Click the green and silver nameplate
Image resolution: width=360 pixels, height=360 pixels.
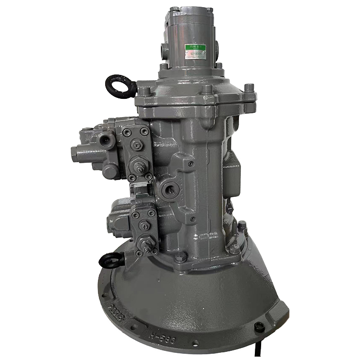pyautogui.click(x=195, y=51)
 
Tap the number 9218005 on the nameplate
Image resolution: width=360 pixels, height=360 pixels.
pyautogui.click(x=196, y=54)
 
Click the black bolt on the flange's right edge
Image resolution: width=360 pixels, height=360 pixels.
pyautogui.click(x=259, y=327)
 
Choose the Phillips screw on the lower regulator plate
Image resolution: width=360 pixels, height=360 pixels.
pyautogui.click(x=143, y=224)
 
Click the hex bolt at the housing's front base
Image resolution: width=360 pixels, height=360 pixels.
pyautogui.click(x=180, y=258)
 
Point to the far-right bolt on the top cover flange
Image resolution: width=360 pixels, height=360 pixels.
pyautogui.click(x=249, y=88)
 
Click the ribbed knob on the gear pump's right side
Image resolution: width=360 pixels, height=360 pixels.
pyautogui.click(x=216, y=48)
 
